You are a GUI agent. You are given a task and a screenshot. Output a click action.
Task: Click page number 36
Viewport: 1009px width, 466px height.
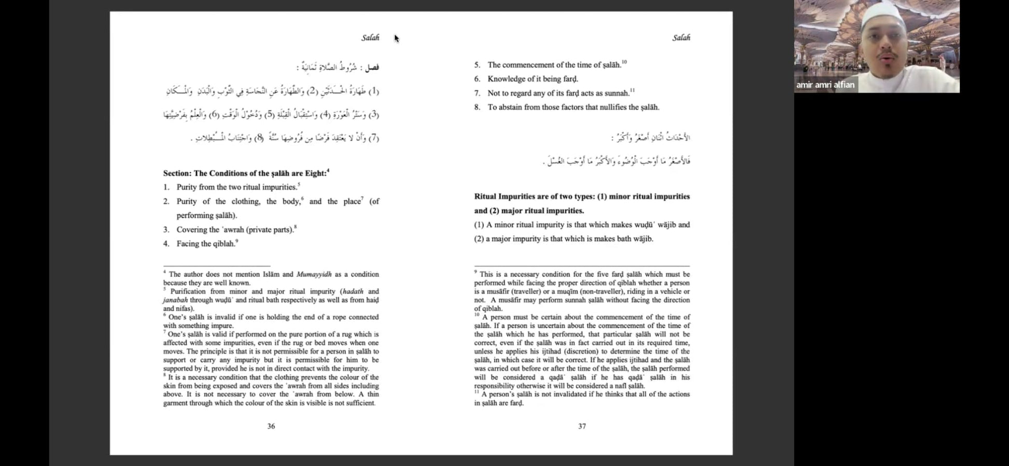271,426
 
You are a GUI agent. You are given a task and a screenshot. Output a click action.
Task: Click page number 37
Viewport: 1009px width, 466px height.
582,426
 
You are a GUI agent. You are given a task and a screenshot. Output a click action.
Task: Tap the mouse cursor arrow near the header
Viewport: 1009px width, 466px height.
396,38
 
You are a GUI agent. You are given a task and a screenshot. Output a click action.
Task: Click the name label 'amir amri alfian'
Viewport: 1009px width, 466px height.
825,85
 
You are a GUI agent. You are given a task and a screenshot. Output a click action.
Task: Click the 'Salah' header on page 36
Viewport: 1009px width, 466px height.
370,37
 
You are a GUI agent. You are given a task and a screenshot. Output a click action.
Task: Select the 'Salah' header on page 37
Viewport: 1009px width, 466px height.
681,37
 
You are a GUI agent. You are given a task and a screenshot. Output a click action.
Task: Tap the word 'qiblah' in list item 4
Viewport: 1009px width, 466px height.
223,244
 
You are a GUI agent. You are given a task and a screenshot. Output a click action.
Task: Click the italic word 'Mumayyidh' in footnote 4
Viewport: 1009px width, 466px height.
314,275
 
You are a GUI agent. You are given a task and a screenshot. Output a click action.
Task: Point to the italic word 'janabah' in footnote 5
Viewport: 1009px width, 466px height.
175,300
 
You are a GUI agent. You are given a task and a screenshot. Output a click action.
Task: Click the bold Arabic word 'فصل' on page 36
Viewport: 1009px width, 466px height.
372,67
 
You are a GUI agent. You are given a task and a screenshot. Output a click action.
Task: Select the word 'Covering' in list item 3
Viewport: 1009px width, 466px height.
191,230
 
